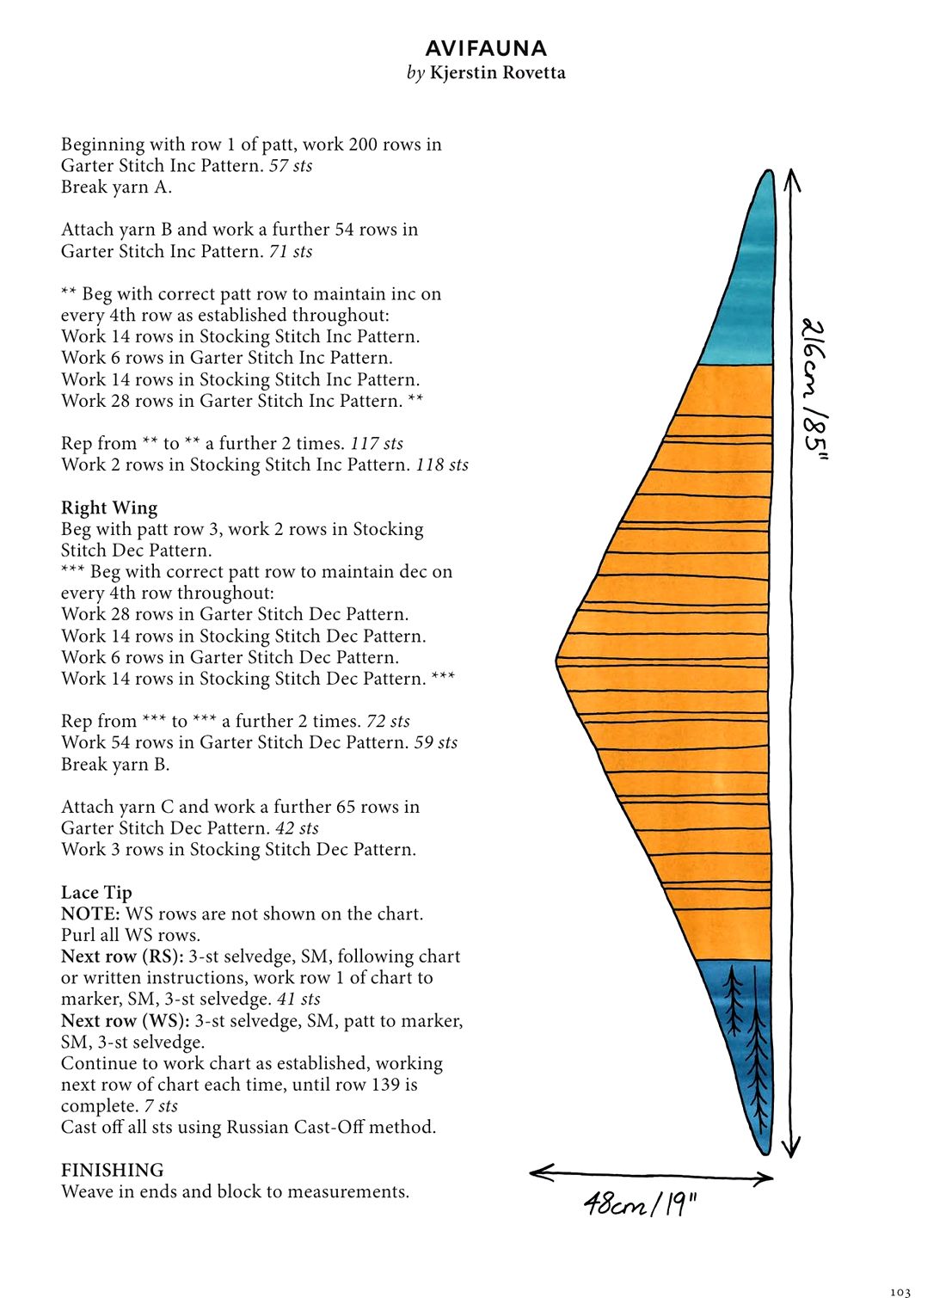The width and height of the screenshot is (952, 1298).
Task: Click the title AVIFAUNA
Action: [x=486, y=49]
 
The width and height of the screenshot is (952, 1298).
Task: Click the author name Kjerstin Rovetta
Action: [x=497, y=73]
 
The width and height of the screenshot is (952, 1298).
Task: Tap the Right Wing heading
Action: [x=109, y=508]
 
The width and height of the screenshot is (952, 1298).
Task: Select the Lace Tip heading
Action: [x=96, y=892]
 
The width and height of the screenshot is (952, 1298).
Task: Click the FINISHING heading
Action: [x=113, y=1170]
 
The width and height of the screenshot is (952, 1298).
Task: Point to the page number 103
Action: [x=900, y=1292]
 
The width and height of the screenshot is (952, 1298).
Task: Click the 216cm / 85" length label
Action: [x=814, y=389]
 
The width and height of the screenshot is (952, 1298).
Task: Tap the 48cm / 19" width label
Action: [x=639, y=1206]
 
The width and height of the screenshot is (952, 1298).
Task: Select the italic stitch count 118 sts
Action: [x=442, y=464]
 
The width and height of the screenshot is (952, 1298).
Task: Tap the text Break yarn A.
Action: [x=116, y=188]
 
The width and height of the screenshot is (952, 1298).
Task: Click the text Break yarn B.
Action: [x=115, y=765]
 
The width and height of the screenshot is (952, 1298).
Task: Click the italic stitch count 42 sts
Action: [x=297, y=828]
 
